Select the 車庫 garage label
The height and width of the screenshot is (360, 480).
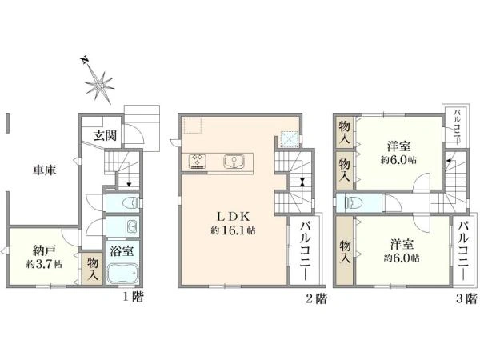point(45,170)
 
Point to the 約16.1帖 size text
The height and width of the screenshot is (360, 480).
point(233,230)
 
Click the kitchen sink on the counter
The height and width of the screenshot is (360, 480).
point(234,162)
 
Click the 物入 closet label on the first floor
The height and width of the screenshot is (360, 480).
point(92,267)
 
